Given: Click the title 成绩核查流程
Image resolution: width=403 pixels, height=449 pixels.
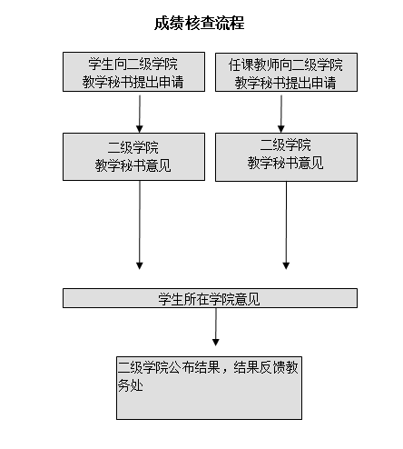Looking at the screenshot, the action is pos(200,24).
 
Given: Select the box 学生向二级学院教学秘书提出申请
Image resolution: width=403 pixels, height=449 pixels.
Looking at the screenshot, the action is pos(133,72).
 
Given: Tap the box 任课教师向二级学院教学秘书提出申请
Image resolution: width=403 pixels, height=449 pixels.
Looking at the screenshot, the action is pos(286,72).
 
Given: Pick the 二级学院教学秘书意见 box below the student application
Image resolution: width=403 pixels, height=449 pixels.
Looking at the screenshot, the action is pos(133,156).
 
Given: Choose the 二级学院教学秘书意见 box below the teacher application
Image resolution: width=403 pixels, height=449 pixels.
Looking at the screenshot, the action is pos(286,157).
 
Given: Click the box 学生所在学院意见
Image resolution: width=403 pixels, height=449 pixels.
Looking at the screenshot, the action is pos(210,298).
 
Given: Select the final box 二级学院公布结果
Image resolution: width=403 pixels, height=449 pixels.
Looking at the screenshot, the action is pos(209,388).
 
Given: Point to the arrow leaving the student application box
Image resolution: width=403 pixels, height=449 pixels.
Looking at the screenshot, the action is pos(140,114).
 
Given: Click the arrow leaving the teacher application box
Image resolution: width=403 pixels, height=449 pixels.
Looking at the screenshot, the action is pos(281,114).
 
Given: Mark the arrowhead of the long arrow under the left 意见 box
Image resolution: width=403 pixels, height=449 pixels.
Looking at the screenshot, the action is pos(140,266).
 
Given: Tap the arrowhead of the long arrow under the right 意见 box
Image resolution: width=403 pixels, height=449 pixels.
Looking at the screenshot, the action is pos(286,266).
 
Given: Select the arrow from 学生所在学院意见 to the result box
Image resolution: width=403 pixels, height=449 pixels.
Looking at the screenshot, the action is pos(216,327).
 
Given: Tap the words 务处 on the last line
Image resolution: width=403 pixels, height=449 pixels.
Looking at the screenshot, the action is pos(130,385).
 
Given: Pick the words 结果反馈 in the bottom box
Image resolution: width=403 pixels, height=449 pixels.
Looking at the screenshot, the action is pos(260,367).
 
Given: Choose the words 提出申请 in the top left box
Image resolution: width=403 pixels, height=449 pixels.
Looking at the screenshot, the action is pos(159,82).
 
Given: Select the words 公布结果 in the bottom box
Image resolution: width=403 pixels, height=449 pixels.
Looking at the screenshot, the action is pos(194,367).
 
